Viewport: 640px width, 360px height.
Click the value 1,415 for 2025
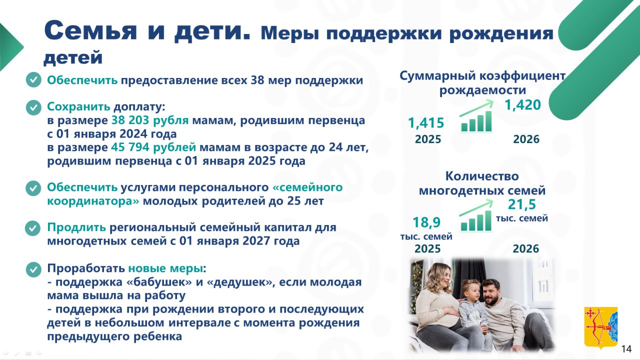(x=426, y=123)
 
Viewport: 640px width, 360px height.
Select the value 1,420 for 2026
(x=522, y=105)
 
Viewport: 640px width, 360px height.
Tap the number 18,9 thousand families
(x=426, y=222)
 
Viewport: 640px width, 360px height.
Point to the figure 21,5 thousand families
(x=522, y=204)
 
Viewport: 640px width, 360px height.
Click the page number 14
(x=626, y=348)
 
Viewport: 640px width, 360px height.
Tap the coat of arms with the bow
(x=600, y=327)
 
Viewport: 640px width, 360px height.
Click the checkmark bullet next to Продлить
(x=33, y=228)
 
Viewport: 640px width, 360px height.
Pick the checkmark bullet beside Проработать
(x=33, y=269)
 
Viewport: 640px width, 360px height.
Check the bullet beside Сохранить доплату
(x=33, y=107)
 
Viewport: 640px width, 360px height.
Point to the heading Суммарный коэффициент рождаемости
(x=482, y=83)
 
